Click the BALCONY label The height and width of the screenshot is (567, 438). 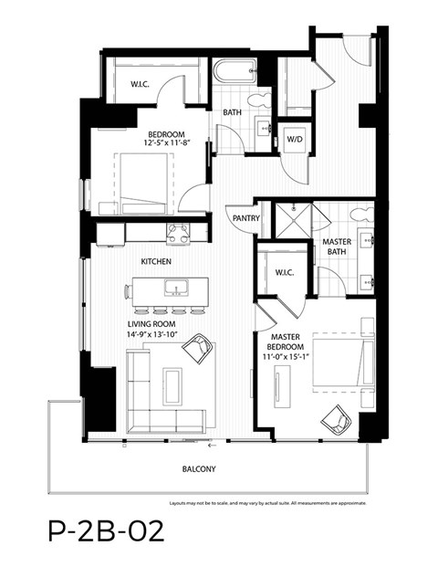[209, 469]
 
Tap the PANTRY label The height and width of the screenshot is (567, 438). [246, 218]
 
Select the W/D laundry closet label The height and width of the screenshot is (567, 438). [295, 140]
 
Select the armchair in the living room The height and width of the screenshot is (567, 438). [197, 349]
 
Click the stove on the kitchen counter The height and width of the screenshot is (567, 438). [177, 233]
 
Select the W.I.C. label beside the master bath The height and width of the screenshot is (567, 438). [279, 272]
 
